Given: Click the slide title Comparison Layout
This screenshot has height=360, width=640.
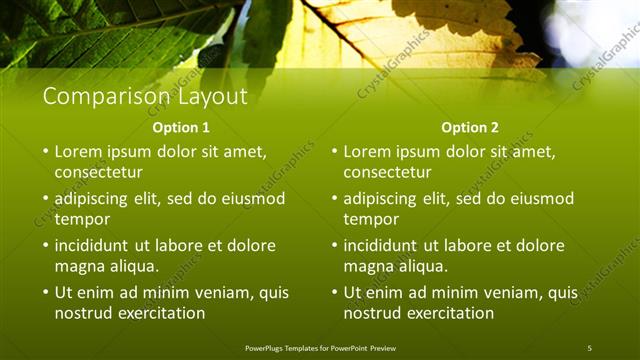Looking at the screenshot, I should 144,97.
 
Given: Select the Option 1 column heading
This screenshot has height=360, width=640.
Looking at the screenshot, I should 181,128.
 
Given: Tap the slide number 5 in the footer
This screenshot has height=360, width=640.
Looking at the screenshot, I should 589,347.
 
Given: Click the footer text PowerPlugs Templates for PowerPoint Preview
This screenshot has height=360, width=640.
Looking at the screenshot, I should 320,347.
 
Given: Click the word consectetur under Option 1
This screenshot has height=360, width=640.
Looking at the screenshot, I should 98,173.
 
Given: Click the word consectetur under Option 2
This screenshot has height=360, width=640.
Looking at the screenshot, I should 388,173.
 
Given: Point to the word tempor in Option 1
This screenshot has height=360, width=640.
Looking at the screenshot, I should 82,219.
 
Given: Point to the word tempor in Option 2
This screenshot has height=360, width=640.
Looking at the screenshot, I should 372,219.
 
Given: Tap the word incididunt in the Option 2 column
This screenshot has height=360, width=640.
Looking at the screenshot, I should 381,246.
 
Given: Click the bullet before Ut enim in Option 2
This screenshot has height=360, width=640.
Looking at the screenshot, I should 335,293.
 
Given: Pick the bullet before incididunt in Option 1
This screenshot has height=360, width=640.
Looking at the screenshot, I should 45,246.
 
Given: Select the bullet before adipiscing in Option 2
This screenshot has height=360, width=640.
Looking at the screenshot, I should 335,199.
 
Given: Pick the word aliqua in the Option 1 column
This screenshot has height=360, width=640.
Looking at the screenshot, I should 131,266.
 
